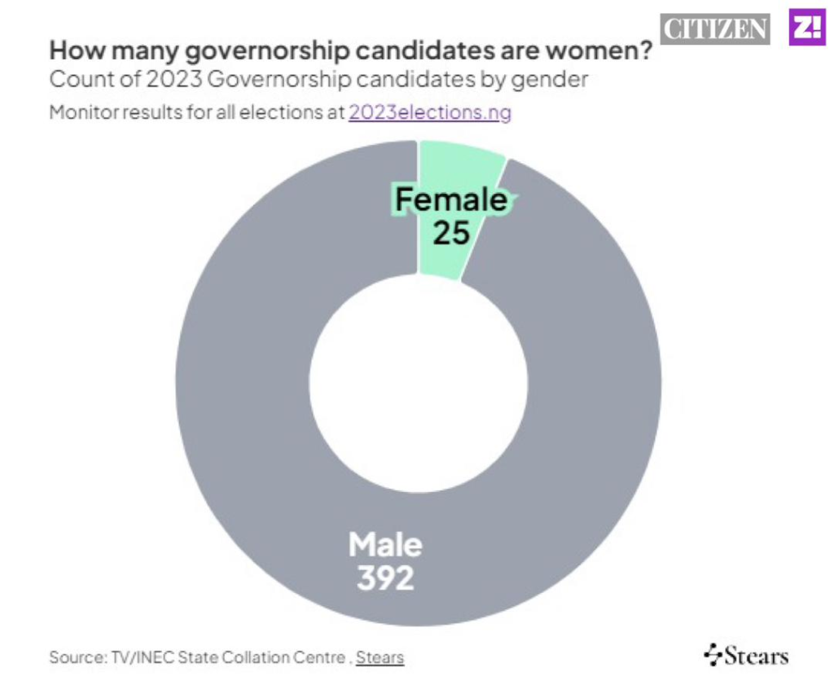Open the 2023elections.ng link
tap(430, 112)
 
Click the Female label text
tap(451, 200)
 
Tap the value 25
tap(451, 233)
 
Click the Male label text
tap(385, 544)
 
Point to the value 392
tap(385, 577)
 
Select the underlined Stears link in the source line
tap(380, 656)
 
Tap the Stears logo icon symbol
tap(713, 654)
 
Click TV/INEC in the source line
tap(144, 656)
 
